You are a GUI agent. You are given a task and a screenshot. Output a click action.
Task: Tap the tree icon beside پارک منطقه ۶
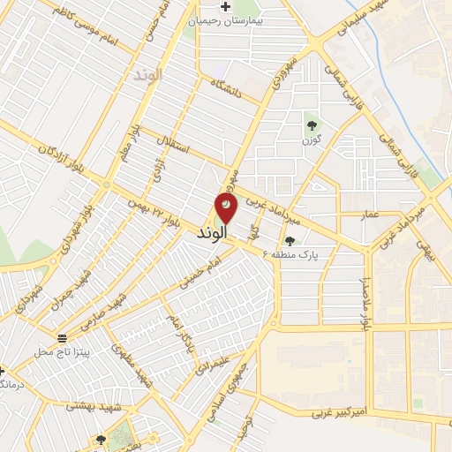coord(290,239)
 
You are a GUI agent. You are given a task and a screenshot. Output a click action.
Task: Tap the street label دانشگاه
coord(232,89)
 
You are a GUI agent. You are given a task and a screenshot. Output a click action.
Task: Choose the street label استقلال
coord(173,145)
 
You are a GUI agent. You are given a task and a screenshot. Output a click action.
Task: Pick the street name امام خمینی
coord(198,270)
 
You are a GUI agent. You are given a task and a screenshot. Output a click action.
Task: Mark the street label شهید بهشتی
coord(96,405)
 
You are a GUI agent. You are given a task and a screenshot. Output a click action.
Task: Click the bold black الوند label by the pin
coord(209,232)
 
